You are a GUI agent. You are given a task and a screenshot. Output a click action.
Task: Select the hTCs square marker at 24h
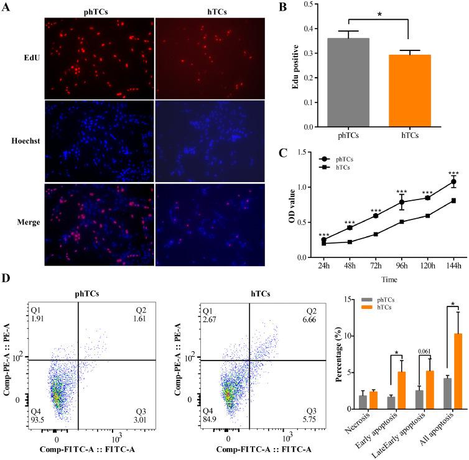click(x=324, y=243)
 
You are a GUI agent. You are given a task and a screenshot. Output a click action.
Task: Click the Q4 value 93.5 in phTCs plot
click(x=39, y=415)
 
